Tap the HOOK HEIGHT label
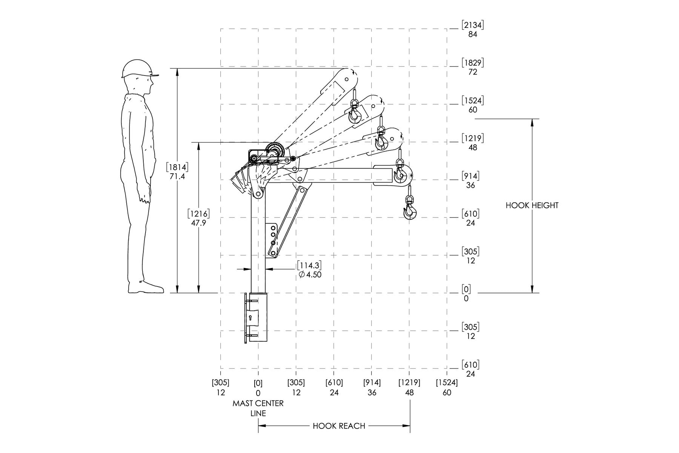click(532, 205)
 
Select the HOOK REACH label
click(339, 426)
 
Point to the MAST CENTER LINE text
click(258, 408)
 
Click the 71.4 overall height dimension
click(177, 176)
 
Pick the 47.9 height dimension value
click(198, 223)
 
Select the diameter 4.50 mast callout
click(310, 274)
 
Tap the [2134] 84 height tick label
click(472, 29)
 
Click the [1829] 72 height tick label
click(472, 67)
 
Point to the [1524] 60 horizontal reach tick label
click(447, 388)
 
